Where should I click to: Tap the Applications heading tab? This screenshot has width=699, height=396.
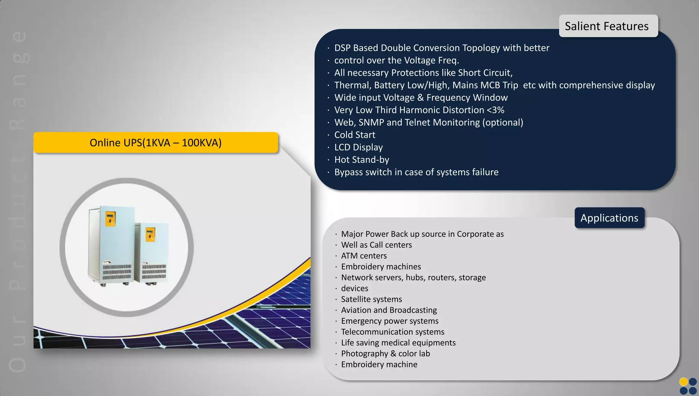[609, 218]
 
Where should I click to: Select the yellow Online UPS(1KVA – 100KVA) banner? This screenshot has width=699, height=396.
[156, 143]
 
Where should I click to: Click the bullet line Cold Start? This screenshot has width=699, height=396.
[355, 135]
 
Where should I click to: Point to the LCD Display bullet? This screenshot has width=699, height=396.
[358, 147]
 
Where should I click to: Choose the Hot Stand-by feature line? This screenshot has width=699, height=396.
[361, 160]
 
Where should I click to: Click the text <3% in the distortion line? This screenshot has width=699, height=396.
[495, 110]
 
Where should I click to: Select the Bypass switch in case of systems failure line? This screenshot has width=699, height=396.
[416, 172]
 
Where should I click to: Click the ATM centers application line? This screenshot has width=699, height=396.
[364, 256]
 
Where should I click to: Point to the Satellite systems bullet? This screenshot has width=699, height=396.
[371, 299]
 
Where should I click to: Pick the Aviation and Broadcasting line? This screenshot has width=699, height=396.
[389, 310]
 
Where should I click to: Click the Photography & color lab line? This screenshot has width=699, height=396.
[385, 353]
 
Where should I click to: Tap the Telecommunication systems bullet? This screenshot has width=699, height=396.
[393, 332]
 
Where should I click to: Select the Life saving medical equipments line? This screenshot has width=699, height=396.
[398, 342]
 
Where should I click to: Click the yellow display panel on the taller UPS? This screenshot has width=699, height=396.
[110, 218]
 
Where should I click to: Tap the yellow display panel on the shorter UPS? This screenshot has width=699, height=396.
[151, 234]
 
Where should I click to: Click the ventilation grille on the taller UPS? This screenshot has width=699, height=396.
[117, 272]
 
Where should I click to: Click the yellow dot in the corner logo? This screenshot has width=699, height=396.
[683, 382]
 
